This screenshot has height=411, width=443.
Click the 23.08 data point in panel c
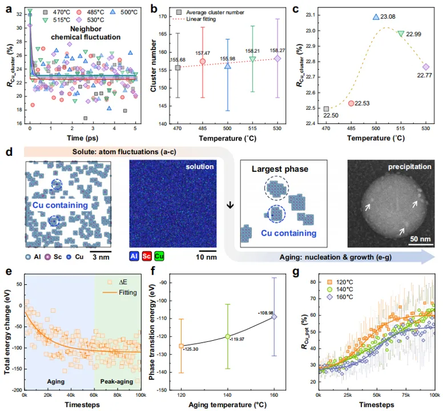coord(376,18)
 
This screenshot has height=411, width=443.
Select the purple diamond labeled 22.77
coord(425,67)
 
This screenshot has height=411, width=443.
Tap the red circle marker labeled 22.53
coord(351,103)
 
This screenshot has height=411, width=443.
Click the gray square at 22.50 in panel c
coord(326,108)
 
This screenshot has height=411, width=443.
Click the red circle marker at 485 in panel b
coord(203,61)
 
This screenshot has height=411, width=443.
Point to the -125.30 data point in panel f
coord(182,346)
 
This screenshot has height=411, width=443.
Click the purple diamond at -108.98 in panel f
coord(274,316)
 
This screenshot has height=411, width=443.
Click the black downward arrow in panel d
coord(230,204)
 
